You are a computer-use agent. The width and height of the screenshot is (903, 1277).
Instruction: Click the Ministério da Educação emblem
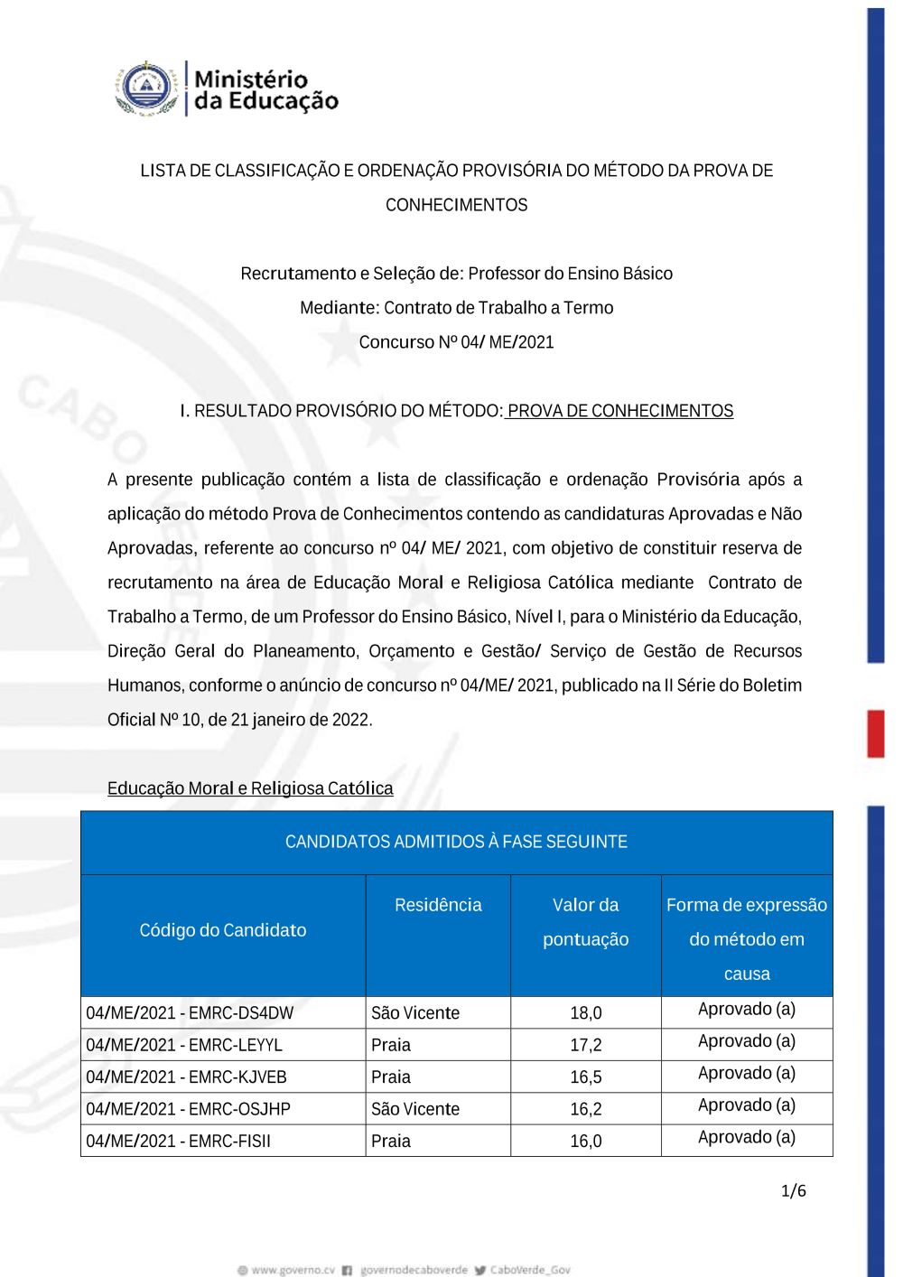click(x=146, y=89)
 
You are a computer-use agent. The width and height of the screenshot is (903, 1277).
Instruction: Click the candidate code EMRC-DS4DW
click(x=190, y=1012)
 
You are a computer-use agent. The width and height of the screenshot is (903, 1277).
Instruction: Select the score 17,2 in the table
click(x=585, y=1045)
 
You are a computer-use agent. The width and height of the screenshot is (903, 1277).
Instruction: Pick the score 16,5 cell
click(x=585, y=1077)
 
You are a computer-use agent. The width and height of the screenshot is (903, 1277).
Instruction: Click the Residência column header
click(x=438, y=905)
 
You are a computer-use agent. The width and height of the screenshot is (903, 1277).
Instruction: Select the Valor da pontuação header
click(x=585, y=922)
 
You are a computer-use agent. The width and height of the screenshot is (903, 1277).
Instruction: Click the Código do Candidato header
click(x=222, y=930)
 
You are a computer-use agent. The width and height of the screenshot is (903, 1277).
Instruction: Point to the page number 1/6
click(x=793, y=1190)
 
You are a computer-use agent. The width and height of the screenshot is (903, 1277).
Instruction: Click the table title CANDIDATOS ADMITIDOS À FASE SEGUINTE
click(x=456, y=842)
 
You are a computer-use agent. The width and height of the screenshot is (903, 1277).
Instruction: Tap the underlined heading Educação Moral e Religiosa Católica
click(x=250, y=788)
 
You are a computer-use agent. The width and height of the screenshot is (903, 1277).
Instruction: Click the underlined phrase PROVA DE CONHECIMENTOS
click(x=619, y=411)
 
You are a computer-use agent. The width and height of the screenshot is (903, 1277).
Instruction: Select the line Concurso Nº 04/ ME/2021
click(x=456, y=342)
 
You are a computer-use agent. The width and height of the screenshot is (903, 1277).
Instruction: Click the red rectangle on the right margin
click(x=875, y=732)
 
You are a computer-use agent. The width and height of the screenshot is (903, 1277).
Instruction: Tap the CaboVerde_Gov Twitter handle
click(x=529, y=1270)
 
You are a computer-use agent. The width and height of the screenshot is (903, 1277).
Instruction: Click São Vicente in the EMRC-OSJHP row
click(x=415, y=1109)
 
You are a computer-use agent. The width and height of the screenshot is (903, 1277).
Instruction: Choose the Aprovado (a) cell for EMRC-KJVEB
click(x=746, y=1073)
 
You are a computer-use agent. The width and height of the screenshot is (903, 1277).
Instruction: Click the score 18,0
click(x=585, y=1012)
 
